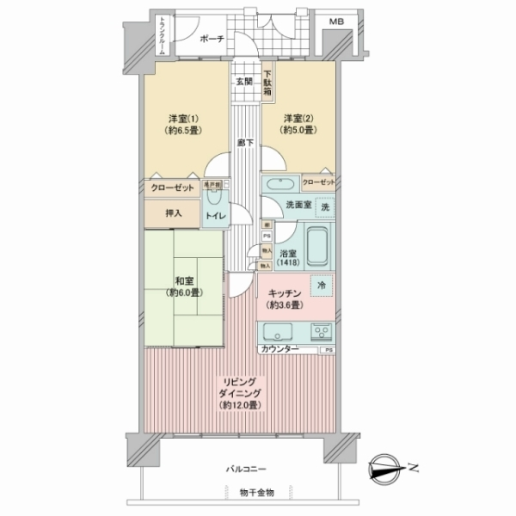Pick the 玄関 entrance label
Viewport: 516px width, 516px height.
pyautogui.click(x=244, y=83)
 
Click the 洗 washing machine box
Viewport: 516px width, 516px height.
pyautogui.click(x=324, y=208)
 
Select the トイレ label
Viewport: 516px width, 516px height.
pyautogui.click(x=214, y=216)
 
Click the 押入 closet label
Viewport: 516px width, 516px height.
pyautogui.click(x=173, y=211)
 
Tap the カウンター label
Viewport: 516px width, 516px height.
pyautogui.click(x=279, y=349)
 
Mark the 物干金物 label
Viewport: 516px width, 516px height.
pyautogui.click(x=257, y=493)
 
